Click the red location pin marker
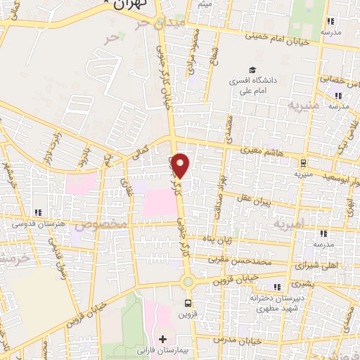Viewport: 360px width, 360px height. click(181, 165)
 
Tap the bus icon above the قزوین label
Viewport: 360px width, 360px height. click(187, 303)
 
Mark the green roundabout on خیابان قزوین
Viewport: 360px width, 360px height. click(188, 283)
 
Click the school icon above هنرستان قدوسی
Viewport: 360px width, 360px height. click(39, 212)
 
